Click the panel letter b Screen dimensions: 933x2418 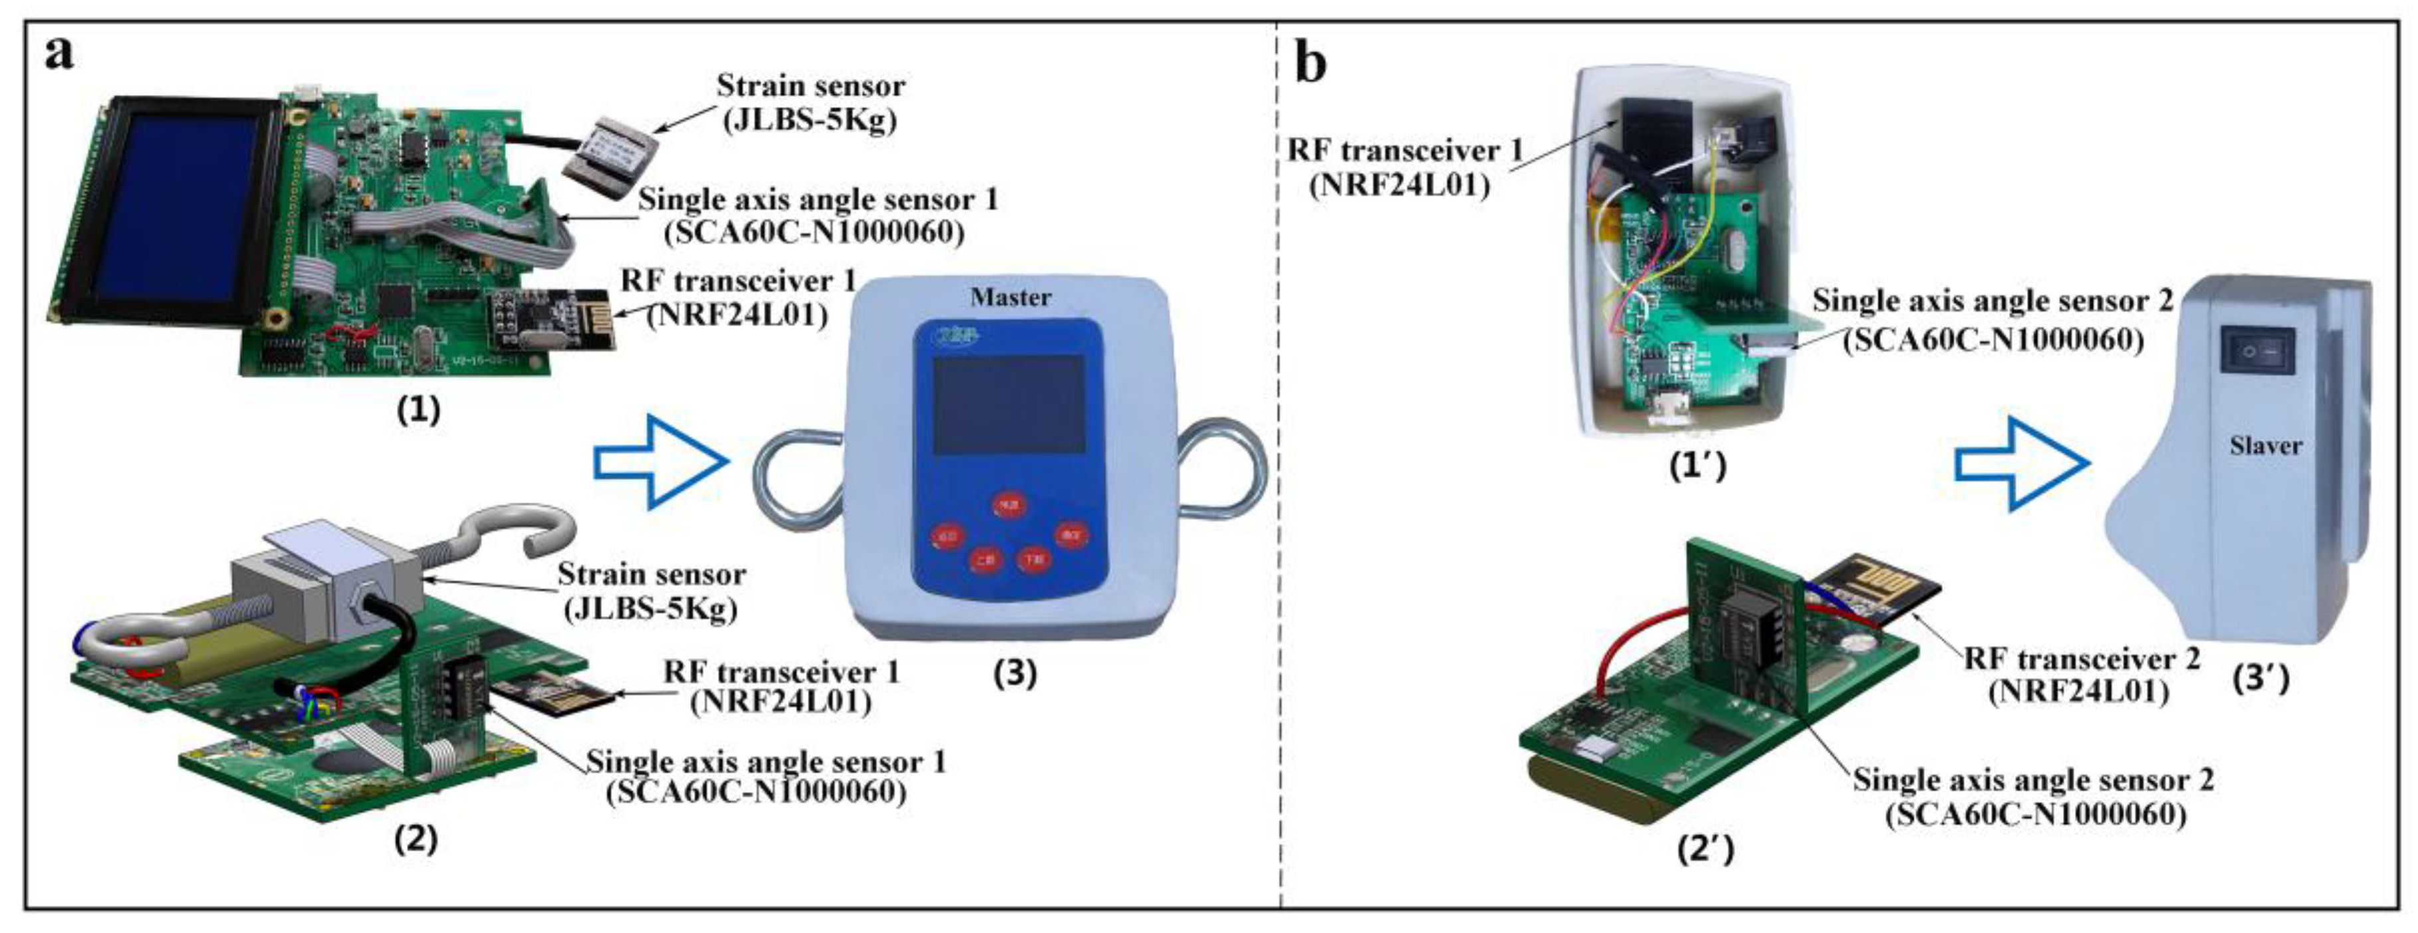click(1310, 64)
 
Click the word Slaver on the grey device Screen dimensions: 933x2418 click(2265, 446)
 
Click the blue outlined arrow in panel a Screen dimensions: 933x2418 click(661, 463)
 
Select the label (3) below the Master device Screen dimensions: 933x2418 click(1015, 673)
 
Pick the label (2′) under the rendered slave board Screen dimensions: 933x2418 click(1705, 849)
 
